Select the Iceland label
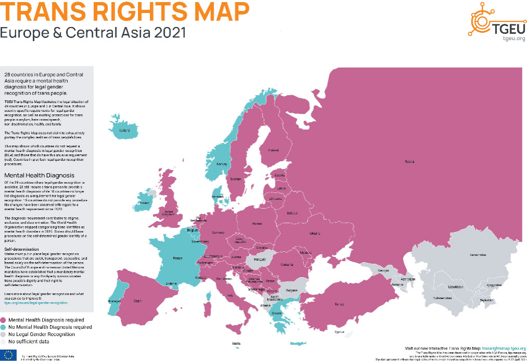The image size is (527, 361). click(124, 131)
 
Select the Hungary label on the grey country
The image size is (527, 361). click(259, 259)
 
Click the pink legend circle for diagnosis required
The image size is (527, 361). click(4, 320)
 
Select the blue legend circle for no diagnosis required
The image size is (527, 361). click(4, 327)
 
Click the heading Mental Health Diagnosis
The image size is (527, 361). click(39, 175)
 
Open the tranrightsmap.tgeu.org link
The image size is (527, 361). click(504, 348)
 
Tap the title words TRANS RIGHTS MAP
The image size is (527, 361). click(124, 11)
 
